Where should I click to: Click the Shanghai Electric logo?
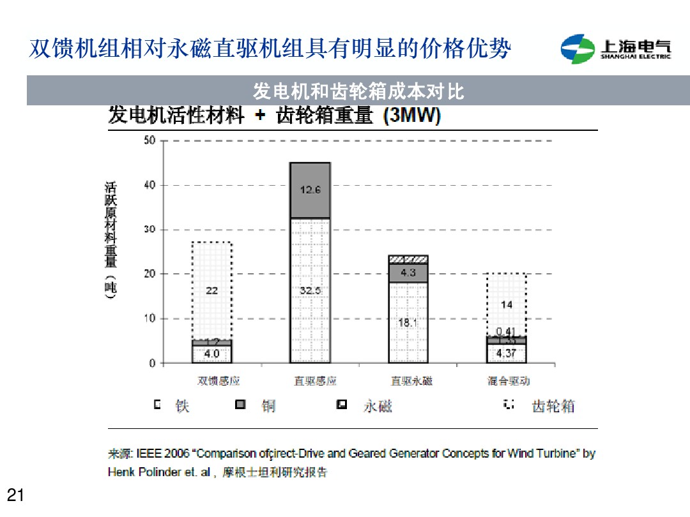616,49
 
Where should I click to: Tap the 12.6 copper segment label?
310,190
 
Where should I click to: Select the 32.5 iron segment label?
310,290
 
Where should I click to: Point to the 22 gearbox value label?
211,290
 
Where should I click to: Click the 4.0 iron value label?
211,353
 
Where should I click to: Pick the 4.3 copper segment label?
408,273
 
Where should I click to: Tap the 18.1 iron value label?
408,323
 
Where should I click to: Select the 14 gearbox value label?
507,304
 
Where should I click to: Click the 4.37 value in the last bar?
507,353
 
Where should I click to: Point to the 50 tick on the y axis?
149,140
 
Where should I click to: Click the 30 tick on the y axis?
149,230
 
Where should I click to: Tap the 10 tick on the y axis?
149,318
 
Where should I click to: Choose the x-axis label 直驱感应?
315,381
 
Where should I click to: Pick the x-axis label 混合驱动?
509,381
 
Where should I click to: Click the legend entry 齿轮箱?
553,406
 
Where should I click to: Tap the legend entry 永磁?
378,406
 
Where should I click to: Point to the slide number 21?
15,495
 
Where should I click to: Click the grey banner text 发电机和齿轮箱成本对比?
358,92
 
